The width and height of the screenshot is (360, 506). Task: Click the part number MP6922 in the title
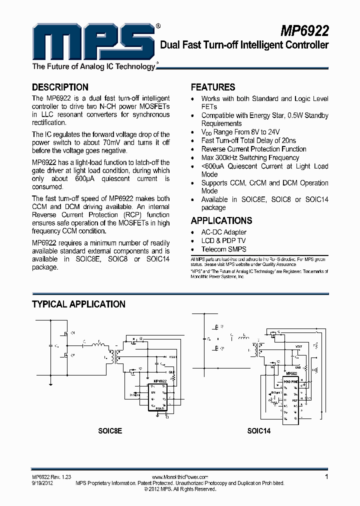point(304,31)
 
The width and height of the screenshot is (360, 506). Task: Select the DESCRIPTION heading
point(60,87)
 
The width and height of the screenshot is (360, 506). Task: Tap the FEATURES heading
point(213,87)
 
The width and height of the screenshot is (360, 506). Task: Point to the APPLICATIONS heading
point(221,220)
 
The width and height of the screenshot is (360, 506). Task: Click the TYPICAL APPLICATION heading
point(78,304)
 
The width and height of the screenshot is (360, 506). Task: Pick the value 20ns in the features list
point(286,140)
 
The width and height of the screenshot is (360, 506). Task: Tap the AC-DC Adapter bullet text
point(223,232)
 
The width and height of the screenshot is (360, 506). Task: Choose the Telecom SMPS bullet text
point(223,249)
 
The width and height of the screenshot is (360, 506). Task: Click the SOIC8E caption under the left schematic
point(110,430)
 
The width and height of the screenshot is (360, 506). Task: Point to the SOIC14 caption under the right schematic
point(258,430)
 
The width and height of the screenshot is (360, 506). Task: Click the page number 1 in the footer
point(326,477)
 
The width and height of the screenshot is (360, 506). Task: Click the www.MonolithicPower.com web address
point(179,477)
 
